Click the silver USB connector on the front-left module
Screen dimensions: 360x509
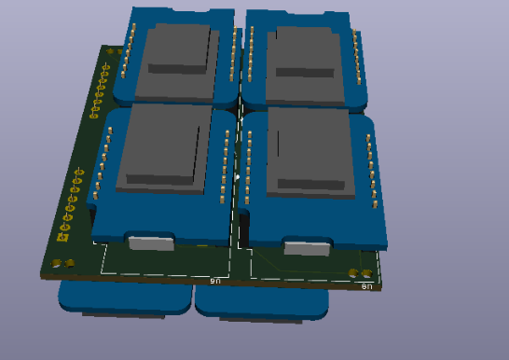click(x=152, y=244)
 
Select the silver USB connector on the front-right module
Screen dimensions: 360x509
click(x=307, y=248)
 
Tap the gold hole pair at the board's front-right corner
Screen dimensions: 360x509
click(x=359, y=273)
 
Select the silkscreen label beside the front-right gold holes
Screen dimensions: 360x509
click(x=366, y=286)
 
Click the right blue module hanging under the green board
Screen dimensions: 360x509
click(x=262, y=303)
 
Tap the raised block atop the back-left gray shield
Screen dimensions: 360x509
click(x=179, y=49)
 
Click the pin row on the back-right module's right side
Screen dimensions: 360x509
click(x=356, y=62)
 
